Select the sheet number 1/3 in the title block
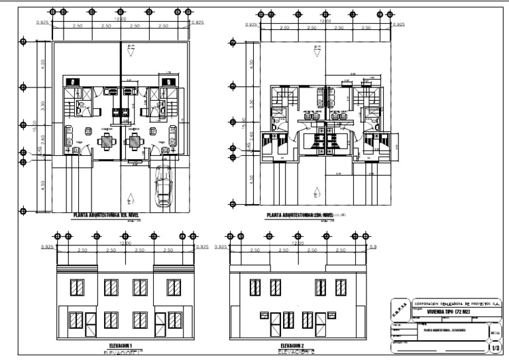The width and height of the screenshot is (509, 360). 496,346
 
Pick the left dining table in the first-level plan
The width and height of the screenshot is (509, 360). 107,141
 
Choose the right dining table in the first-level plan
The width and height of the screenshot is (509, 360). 135,141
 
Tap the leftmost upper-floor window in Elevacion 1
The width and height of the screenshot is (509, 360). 76,287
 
